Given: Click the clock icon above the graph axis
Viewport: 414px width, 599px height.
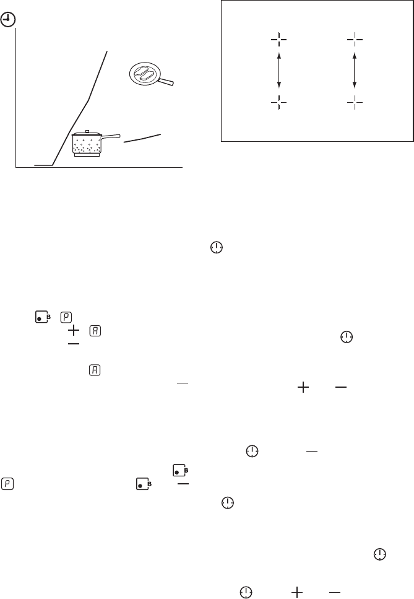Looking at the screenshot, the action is pyautogui.click(x=8, y=20).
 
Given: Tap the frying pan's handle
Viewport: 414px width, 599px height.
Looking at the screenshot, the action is pyautogui.click(x=166, y=81).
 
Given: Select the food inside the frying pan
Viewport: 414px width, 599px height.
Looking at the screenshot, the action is pyautogui.click(x=145, y=73).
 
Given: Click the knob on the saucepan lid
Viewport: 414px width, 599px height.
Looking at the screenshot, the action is pyautogui.click(x=87, y=132).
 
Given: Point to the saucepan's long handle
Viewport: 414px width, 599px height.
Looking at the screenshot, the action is pyautogui.click(x=111, y=136).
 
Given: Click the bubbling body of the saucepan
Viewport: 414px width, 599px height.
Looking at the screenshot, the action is pyautogui.click(x=87, y=145).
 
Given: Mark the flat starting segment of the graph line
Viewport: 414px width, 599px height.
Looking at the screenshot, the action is pyautogui.click(x=43, y=165).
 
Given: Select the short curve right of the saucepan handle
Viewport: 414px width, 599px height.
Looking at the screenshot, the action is pyautogui.click(x=142, y=138).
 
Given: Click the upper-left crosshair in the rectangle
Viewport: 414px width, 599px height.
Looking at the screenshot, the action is pyautogui.click(x=279, y=40).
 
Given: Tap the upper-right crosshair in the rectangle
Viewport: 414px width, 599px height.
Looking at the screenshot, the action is pyautogui.click(x=355, y=40).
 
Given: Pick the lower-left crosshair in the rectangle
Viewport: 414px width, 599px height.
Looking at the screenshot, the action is pyautogui.click(x=279, y=102).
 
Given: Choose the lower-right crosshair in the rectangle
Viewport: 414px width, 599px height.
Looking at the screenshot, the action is pyautogui.click(x=355, y=102).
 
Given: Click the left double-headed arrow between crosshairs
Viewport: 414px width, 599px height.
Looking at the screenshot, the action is pyautogui.click(x=279, y=71).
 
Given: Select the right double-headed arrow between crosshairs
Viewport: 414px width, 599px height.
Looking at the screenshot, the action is pyautogui.click(x=355, y=71).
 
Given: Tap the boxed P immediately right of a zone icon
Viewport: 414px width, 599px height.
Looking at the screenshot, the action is pyautogui.click(x=66, y=317).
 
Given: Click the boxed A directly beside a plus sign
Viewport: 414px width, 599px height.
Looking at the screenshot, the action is pyautogui.click(x=95, y=330).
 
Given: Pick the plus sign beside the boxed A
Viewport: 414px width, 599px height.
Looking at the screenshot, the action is pyautogui.click(x=73, y=330).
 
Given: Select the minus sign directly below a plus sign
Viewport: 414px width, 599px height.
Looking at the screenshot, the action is pyautogui.click(x=73, y=344).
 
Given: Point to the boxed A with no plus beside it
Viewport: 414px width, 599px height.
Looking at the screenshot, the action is pyautogui.click(x=95, y=370).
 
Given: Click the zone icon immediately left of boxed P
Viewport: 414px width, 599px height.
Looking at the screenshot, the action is pyautogui.click(x=43, y=317).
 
